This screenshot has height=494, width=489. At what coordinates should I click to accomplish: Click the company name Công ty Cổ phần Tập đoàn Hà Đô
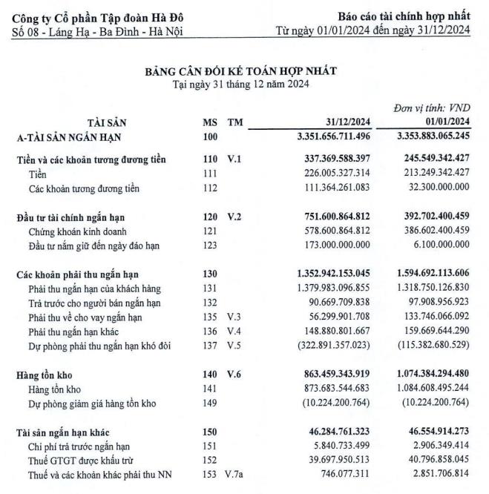tap(99, 17)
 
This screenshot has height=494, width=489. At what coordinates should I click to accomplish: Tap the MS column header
tap(210, 122)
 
